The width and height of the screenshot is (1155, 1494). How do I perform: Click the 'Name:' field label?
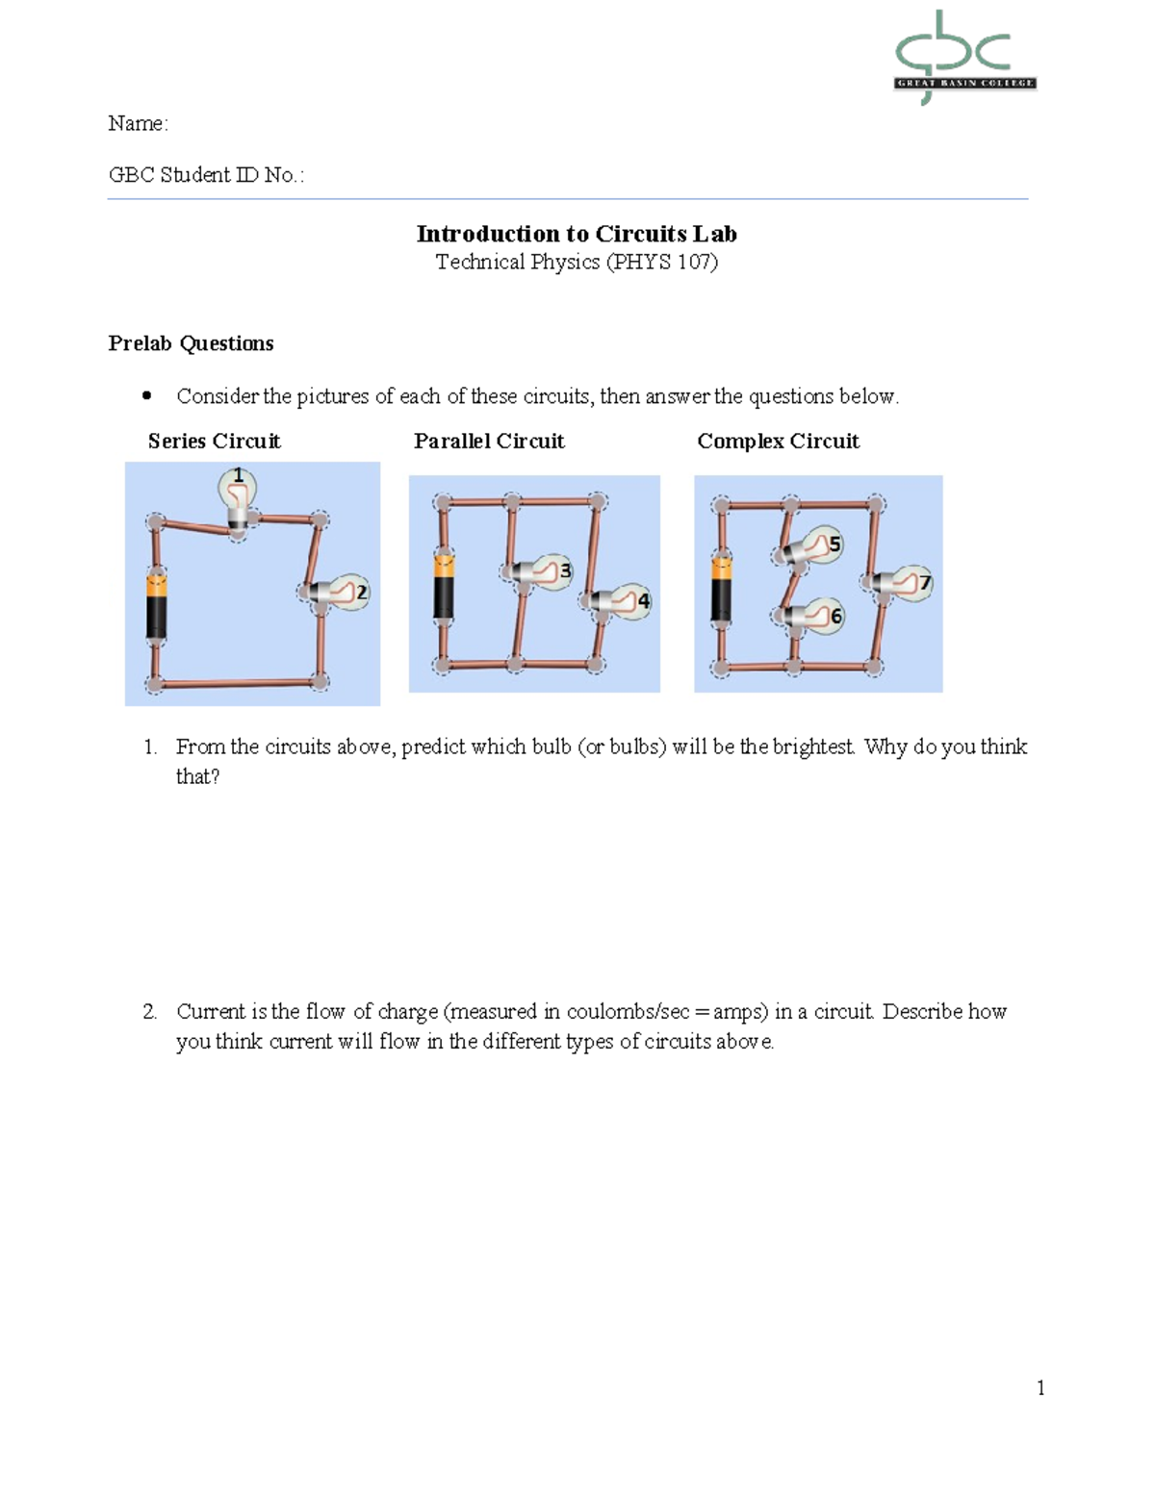138,123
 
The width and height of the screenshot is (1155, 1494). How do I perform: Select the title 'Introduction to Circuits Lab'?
577,234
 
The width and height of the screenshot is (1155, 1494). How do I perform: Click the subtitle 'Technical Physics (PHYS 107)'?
577,262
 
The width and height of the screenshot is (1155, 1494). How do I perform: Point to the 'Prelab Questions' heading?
191,343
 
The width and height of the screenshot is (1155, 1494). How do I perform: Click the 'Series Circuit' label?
214,442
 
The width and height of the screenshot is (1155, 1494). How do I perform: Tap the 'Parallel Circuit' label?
489,442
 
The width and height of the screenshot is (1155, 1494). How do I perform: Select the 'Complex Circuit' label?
778,442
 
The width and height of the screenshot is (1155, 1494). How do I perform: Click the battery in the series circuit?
156,606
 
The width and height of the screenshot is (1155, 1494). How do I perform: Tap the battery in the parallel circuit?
443,587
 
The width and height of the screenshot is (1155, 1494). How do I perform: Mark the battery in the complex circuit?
721,590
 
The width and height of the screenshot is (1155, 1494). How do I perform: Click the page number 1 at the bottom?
1040,1387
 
